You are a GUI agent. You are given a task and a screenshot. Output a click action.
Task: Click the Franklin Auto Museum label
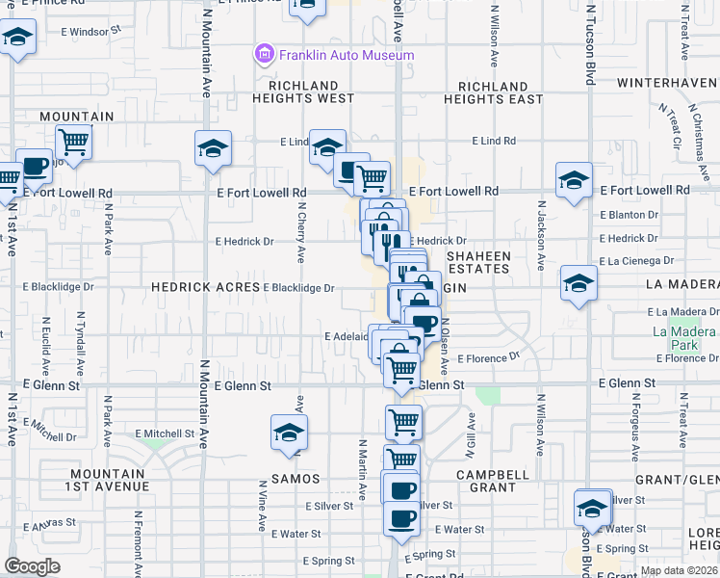click(347, 55)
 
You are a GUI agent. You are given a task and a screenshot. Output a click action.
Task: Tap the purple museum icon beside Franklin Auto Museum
click(264, 55)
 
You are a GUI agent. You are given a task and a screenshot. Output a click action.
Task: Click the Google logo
click(32, 565)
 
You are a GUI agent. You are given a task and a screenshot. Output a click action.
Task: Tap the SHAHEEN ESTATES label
click(477, 262)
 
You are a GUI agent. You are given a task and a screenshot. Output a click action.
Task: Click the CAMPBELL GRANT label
click(493, 481)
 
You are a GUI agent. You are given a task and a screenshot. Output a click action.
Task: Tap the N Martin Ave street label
click(363, 470)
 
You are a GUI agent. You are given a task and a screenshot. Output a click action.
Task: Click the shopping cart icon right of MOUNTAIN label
click(74, 142)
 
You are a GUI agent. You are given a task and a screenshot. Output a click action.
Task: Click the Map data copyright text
click(679, 570)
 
